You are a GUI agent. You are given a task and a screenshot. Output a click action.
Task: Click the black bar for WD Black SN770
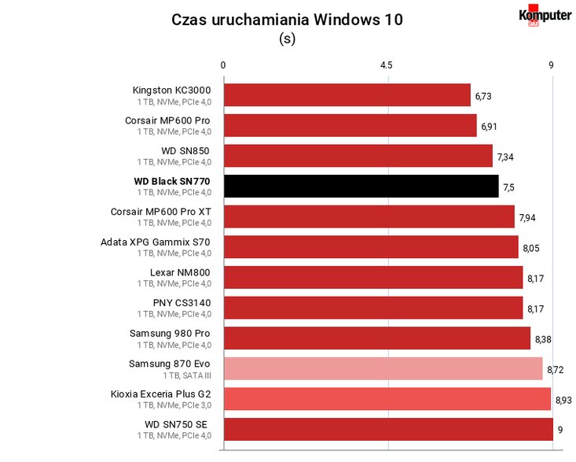361,186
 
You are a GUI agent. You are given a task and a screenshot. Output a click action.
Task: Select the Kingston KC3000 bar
347,95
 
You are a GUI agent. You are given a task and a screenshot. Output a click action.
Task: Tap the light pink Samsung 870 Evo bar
383,368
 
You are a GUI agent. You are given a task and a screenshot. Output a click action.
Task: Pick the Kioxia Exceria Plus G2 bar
387,399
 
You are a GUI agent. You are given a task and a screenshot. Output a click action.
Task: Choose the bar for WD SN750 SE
389,429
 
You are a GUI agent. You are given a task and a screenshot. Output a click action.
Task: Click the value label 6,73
483,96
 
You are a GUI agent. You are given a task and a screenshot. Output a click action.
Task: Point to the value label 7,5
508,187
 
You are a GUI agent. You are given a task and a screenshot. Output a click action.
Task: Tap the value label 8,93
563,400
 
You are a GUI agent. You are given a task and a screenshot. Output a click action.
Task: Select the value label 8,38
543,339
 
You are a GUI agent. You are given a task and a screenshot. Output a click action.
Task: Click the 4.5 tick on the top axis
386,65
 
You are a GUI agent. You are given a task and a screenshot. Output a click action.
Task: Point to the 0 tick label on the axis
223,65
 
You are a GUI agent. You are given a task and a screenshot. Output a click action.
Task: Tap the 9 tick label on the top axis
551,65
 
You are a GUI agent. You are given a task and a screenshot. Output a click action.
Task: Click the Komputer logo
545,16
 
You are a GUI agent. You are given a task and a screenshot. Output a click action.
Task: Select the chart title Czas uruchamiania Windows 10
288,20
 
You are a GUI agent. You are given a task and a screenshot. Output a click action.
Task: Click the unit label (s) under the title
288,39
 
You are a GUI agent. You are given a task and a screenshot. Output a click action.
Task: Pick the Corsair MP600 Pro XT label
161,212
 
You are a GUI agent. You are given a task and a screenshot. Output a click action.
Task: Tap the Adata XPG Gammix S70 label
156,242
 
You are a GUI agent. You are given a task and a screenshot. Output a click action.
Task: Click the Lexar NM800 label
180,272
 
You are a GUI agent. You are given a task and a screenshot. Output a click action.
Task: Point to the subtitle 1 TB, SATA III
187,375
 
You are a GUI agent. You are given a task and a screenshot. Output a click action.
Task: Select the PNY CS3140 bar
373,308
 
